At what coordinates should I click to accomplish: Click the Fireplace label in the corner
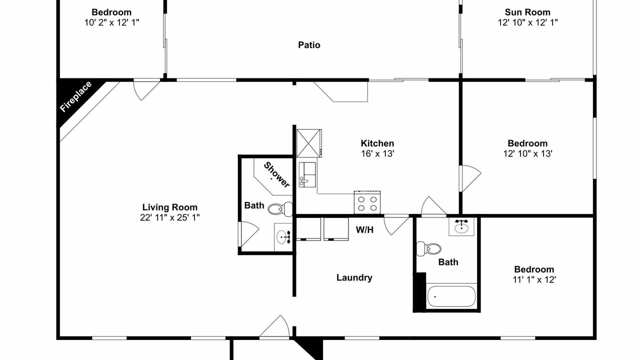[x=76, y=96]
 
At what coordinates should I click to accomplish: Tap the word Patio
[x=309, y=45]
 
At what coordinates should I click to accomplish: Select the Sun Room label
[x=527, y=12]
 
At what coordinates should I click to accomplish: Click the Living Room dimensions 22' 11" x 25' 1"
[x=169, y=217]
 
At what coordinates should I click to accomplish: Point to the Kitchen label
[x=377, y=143]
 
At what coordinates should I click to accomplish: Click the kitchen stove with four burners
[x=367, y=202]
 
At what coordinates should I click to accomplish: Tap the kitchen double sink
[x=307, y=174]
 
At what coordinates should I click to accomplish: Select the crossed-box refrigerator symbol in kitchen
[x=309, y=143]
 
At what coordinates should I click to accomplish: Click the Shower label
[x=276, y=175]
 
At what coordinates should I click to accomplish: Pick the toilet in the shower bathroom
[x=280, y=209]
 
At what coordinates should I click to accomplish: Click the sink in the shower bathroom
[x=283, y=237]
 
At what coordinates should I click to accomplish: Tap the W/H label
[x=364, y=229]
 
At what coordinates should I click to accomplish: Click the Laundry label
[x=354, y=277]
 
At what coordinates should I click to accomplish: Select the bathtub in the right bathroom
[x=451, y=296]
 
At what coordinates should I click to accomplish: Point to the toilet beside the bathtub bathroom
[x=428, y=248]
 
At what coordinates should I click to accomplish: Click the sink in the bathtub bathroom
[x=461, y=227]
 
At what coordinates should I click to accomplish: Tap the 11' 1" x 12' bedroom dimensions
[x=534, y=279]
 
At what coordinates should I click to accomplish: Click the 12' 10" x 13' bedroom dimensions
[x=527, y=153]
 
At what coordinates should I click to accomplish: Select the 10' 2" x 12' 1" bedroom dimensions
[x=111, y=22]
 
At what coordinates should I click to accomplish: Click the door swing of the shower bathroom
[x=249, y=233]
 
